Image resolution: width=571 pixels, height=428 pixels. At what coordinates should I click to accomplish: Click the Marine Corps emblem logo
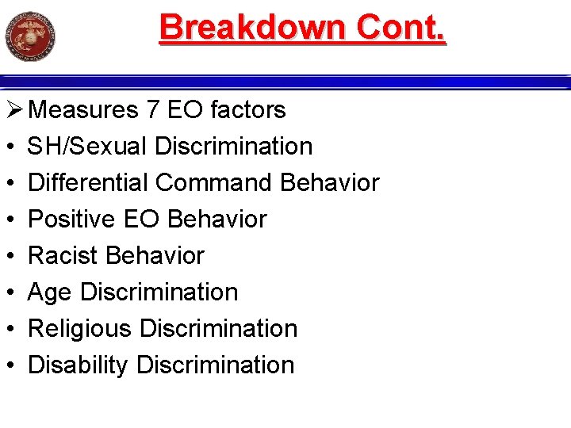31,36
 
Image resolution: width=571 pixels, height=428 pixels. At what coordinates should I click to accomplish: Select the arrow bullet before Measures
13,109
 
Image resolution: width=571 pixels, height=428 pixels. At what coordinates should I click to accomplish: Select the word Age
51,292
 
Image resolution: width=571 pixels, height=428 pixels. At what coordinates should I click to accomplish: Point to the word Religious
79,328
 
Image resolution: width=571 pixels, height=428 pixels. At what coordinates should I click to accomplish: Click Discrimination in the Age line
159,292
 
